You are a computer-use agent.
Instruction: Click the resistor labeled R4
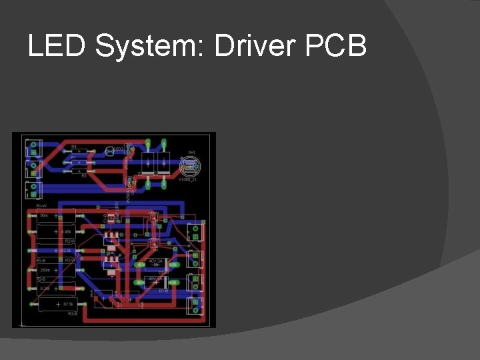tap(80, 151)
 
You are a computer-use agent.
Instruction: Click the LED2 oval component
tap(110, 151)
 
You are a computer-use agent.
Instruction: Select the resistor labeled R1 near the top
tap(80, 161)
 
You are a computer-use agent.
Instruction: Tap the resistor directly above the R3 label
tap(80, 171)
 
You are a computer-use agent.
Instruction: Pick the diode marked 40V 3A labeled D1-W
tap(155, 264)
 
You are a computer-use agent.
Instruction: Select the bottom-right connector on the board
tap(195, 305)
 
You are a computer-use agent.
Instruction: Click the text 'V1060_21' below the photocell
tap(188, 180)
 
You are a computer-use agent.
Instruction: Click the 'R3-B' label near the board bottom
tap(73, 313)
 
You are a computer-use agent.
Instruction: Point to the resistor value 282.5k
tap(65, 250)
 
